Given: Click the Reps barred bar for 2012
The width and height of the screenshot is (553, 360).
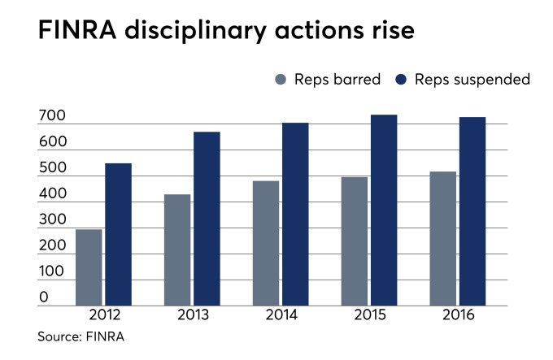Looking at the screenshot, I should tap(89, 267).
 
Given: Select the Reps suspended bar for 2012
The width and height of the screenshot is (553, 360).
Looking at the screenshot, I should tap(118, 234).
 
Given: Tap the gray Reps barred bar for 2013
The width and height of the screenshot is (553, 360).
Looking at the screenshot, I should tap(177, 249).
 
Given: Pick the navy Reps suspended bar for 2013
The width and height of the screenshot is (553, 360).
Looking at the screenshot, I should tap(207, 219).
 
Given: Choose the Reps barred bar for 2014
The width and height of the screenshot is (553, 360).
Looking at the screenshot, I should tap(266, 243).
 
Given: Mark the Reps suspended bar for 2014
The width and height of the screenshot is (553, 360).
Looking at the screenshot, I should tap(295, 214).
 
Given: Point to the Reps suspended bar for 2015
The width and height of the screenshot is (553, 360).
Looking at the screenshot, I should tap(384, 210).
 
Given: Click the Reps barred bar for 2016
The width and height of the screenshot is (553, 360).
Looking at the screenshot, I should tap(443, 238).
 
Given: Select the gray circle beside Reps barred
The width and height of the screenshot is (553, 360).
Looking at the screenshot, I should tap(282, 80).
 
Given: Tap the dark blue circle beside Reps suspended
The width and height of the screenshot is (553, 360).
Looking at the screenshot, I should tap(401, 80).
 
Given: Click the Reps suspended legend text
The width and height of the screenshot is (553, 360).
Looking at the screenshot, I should tap(472, 80).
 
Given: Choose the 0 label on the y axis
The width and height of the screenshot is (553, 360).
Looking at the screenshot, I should tap(43, 298).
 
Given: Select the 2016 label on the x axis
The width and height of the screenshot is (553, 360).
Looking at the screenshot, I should tap(458, 315).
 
